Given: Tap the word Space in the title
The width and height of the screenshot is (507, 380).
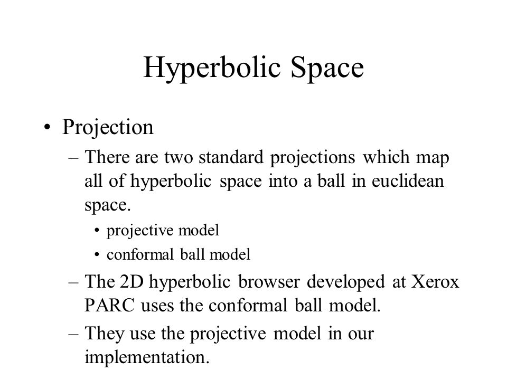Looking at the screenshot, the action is [327, 69].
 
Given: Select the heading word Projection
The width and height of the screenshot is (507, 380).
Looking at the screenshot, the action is [108, 128].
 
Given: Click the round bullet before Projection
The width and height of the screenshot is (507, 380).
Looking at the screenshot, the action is [47, 127].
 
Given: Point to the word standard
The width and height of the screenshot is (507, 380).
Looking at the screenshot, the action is [231, 157].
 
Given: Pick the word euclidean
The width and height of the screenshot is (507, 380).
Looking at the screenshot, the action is [408, 181].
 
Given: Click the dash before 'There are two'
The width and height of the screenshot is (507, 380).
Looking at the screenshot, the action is [73, 158].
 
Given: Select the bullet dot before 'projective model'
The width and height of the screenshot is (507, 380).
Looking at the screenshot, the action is [97, 231].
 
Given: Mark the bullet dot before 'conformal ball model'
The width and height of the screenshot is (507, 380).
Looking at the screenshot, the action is [97, 255].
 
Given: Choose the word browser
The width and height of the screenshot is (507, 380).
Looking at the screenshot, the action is [269, 281].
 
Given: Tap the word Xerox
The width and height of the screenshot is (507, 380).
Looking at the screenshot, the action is [435, 281].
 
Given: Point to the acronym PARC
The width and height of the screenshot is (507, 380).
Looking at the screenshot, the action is [109, 306].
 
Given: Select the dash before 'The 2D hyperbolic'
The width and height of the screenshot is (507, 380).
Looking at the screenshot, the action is [73, 282].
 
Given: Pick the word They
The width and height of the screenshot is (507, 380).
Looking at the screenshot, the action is [104, 334].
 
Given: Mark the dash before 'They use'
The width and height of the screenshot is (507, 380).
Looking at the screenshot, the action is [73, 334].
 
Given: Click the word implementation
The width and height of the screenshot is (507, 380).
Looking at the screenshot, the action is [147, 358].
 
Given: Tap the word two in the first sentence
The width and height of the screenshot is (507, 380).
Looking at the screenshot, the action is [179, 158].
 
